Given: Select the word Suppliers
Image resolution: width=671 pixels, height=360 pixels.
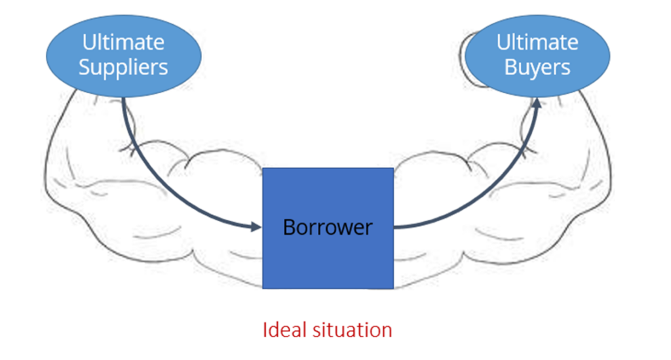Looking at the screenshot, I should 123,67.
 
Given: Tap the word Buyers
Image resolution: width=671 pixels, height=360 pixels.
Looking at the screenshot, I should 537,67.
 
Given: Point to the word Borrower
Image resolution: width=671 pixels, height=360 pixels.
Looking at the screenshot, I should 328,228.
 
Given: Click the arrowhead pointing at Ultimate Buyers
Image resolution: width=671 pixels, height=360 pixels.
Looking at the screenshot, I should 537,105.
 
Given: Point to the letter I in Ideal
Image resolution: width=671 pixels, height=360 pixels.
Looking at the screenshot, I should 265,329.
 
